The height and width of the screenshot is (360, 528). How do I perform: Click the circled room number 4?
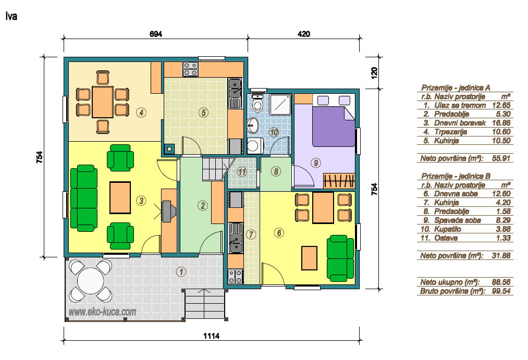tap(141, 113)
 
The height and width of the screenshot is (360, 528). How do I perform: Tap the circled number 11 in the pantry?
tap(242, 172)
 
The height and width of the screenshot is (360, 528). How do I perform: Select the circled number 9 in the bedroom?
tap(315, 163)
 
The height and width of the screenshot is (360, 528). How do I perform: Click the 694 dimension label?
tap(155, 34)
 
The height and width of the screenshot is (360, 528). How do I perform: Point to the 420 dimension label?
tap(303, 34)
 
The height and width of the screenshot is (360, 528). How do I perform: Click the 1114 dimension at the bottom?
tap(212, 336)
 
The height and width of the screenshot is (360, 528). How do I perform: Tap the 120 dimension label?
tap(374, 72)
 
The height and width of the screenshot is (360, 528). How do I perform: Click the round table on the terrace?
tap(91, 281)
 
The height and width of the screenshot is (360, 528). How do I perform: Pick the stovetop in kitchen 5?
tap(190, 69)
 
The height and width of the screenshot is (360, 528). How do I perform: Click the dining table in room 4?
tap(102, 102)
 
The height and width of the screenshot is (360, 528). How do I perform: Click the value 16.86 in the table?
tap(501, 123)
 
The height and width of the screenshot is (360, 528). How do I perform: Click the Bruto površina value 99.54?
tap(501, 291)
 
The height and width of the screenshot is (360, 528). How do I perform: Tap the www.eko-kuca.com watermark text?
tap(102, 312)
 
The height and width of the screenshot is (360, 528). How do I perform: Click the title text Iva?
tap(11, 16)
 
